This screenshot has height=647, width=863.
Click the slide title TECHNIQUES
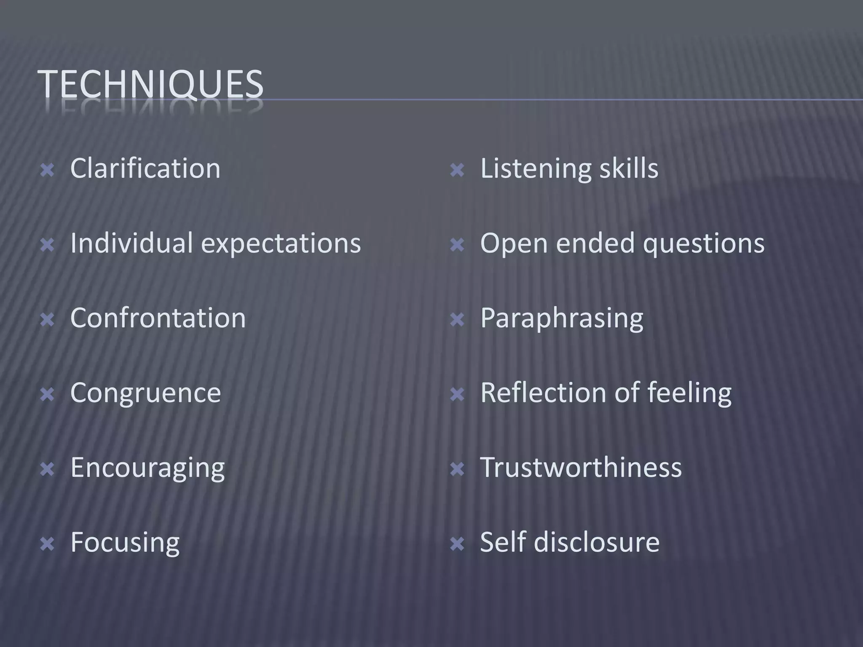tap(150, 84)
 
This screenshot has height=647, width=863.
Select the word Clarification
tap(145, 168)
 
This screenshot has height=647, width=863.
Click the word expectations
tap(281, 244)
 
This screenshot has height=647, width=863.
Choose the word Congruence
tap(145, 393)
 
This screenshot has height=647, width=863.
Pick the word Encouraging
tap(147, 468)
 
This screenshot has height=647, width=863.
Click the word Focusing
tap(125, 543)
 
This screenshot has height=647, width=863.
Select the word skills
tap(629, 168)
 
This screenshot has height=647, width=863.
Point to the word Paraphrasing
tap(562, 318)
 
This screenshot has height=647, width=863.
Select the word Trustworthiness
tap(581, 468)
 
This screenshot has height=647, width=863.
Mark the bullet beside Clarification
tap(47, 171)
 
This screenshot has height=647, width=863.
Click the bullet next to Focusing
tap(47, 544)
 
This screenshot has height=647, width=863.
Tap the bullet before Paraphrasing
tap(457, 320)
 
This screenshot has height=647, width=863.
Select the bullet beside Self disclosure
tap(457, 544)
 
